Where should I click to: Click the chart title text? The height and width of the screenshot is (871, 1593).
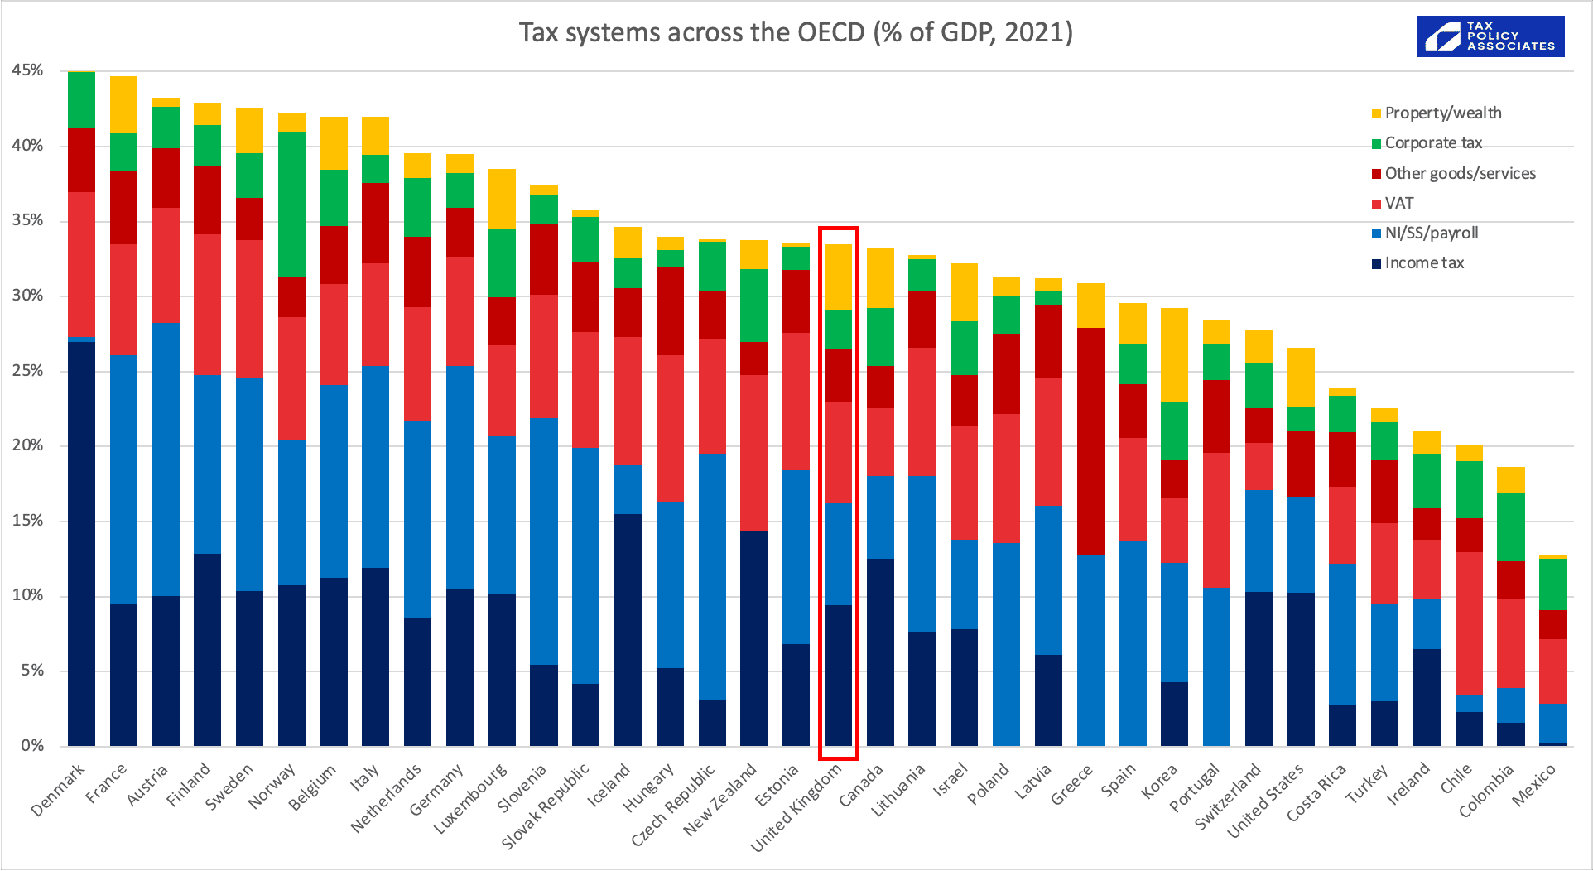point(795,32)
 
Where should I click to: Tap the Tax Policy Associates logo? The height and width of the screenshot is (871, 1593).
point(1490,36)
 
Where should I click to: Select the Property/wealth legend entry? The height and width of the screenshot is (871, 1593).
point(1441,113)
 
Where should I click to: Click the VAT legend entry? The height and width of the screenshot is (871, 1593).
point(1398,204)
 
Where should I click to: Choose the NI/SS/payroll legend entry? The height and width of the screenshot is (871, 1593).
point(1430,233)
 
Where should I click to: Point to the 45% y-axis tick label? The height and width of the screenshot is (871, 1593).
point(27,70)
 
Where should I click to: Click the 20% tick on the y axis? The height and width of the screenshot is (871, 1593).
point(27,445)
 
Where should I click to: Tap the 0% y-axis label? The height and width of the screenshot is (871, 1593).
point(32,745)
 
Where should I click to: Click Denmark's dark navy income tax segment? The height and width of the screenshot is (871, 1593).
point(81,542)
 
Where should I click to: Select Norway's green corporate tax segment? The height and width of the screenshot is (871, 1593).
point(291,205)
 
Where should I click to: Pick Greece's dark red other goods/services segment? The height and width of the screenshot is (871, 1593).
point(1090,440)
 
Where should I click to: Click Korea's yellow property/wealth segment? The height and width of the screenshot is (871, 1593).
point(1174,354)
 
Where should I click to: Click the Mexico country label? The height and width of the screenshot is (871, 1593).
point(1534,785)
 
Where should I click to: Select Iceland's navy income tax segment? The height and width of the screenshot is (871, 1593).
point(628,629)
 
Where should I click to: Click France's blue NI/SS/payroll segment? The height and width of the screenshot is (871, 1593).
point(123,479)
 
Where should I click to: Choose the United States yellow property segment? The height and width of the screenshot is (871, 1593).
point(1300,377)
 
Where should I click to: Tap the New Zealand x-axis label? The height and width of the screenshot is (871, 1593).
point(720,799)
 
